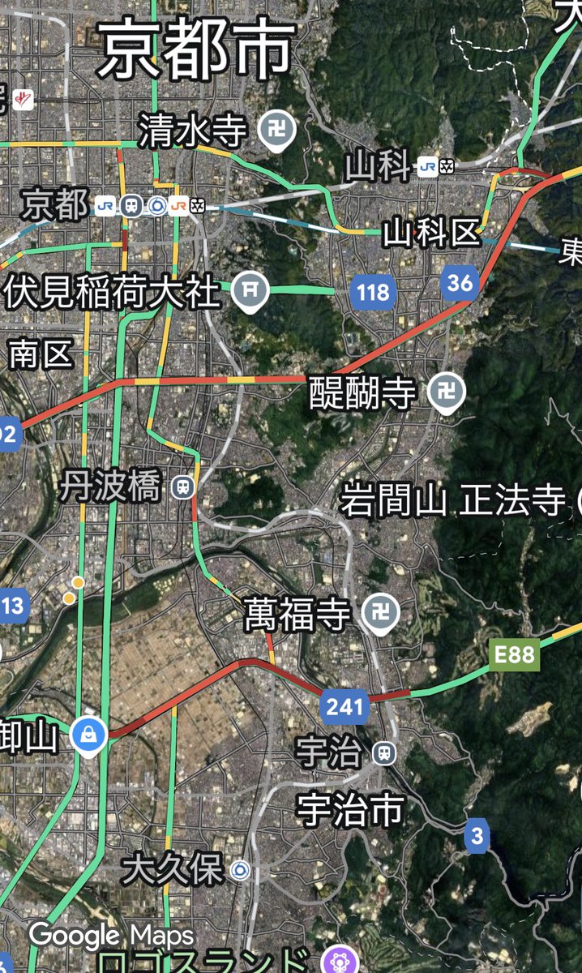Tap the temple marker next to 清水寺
tap(276, 128)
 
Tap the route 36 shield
tap(460, 283)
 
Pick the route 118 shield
tap(373, 292)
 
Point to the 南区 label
tap(41, 354)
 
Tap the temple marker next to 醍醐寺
tap(447, 394)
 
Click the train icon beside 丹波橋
tap(184, 487)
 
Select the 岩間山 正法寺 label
tap(451, 501)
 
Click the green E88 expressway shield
tap(514, 654)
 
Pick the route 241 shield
tap(344, 707)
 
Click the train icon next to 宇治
tap(384, 753)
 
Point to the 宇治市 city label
tap(351, 808)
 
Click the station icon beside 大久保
tap(239, 871)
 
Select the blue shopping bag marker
tap(85, 735)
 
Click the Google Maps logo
tap(111, 937)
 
